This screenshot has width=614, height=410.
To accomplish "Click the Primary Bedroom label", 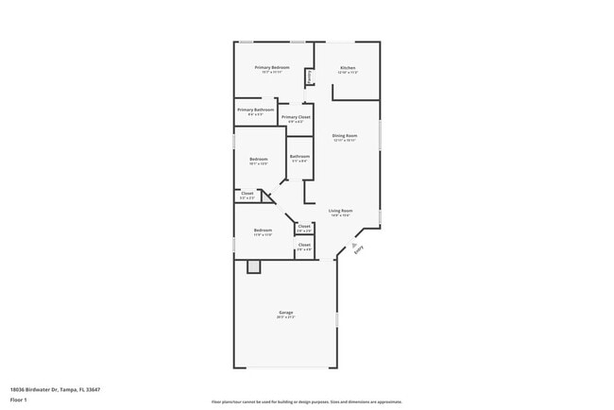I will click(x=272, y=68).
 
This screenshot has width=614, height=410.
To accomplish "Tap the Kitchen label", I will click(x=348, y=68).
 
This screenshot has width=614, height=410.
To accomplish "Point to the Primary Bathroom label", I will click(x=256, y=111).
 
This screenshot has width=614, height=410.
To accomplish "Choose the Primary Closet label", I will click(x=296, y=117).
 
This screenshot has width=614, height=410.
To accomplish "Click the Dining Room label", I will click(x=345, y=136).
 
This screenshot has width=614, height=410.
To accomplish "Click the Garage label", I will click(x=285, y=313).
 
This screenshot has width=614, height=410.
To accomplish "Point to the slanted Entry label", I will click(x=358, y=250).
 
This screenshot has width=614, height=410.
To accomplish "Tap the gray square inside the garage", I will click(x=253, y=267).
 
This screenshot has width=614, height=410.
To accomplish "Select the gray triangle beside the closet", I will click(x=267, y=196).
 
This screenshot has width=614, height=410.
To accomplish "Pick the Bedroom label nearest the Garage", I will click(x=263, y=231).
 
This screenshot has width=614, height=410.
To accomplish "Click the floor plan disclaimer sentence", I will click(x=307, y=401).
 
